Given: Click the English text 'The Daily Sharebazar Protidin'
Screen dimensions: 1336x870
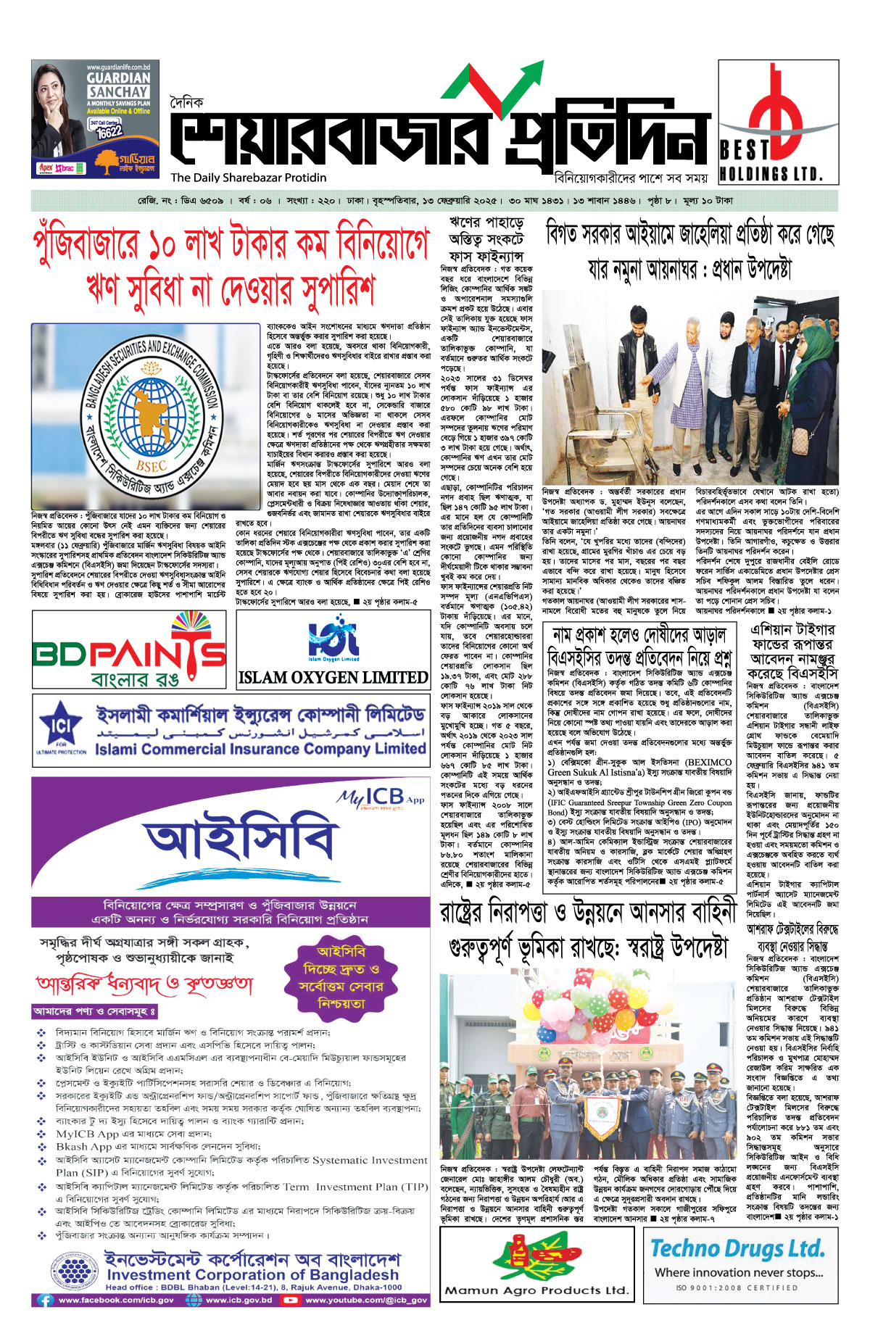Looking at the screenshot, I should click(x=249, y=178).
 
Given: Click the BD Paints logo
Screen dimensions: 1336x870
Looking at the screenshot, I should click(x=130, y=650).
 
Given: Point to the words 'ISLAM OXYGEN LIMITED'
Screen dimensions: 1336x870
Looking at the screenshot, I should click(x=333, y=678).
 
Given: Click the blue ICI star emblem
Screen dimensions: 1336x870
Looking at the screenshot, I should click(x=61, y=725).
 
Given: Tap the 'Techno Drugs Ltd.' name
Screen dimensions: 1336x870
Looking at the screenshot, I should click(x=737, y=1248).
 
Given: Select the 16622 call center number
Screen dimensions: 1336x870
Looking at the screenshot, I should click(x=109, y=133).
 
